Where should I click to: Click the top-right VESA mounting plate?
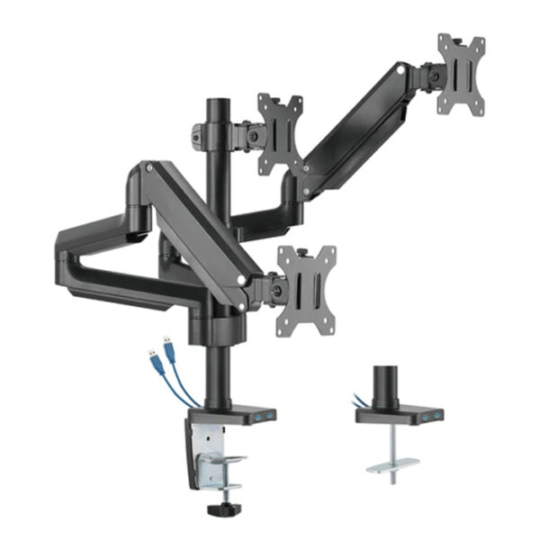tap(461, 75)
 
